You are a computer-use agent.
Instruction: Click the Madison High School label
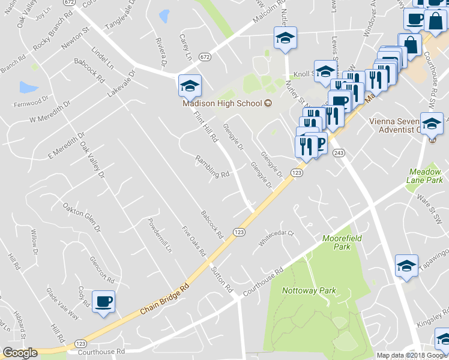[222, 103]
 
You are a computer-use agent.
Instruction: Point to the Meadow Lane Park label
[426, 175]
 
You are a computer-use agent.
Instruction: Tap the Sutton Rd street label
[221, 280]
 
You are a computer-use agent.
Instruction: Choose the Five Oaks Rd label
[194, 240]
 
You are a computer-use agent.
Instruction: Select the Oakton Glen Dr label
[80, 217]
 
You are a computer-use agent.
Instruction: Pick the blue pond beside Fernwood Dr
[28, 88]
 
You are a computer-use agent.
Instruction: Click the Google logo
[19, 353]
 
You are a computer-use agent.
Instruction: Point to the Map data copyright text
[411, 355]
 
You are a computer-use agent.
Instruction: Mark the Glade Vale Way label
[62, 305]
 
